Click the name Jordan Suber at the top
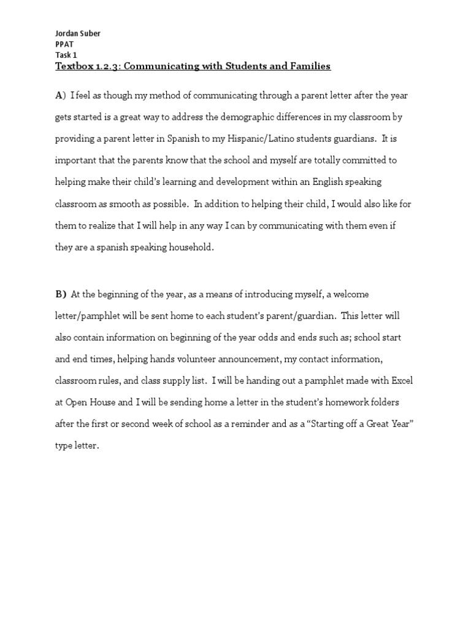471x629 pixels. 78,33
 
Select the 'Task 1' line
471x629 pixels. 66,55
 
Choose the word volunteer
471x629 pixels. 212,359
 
